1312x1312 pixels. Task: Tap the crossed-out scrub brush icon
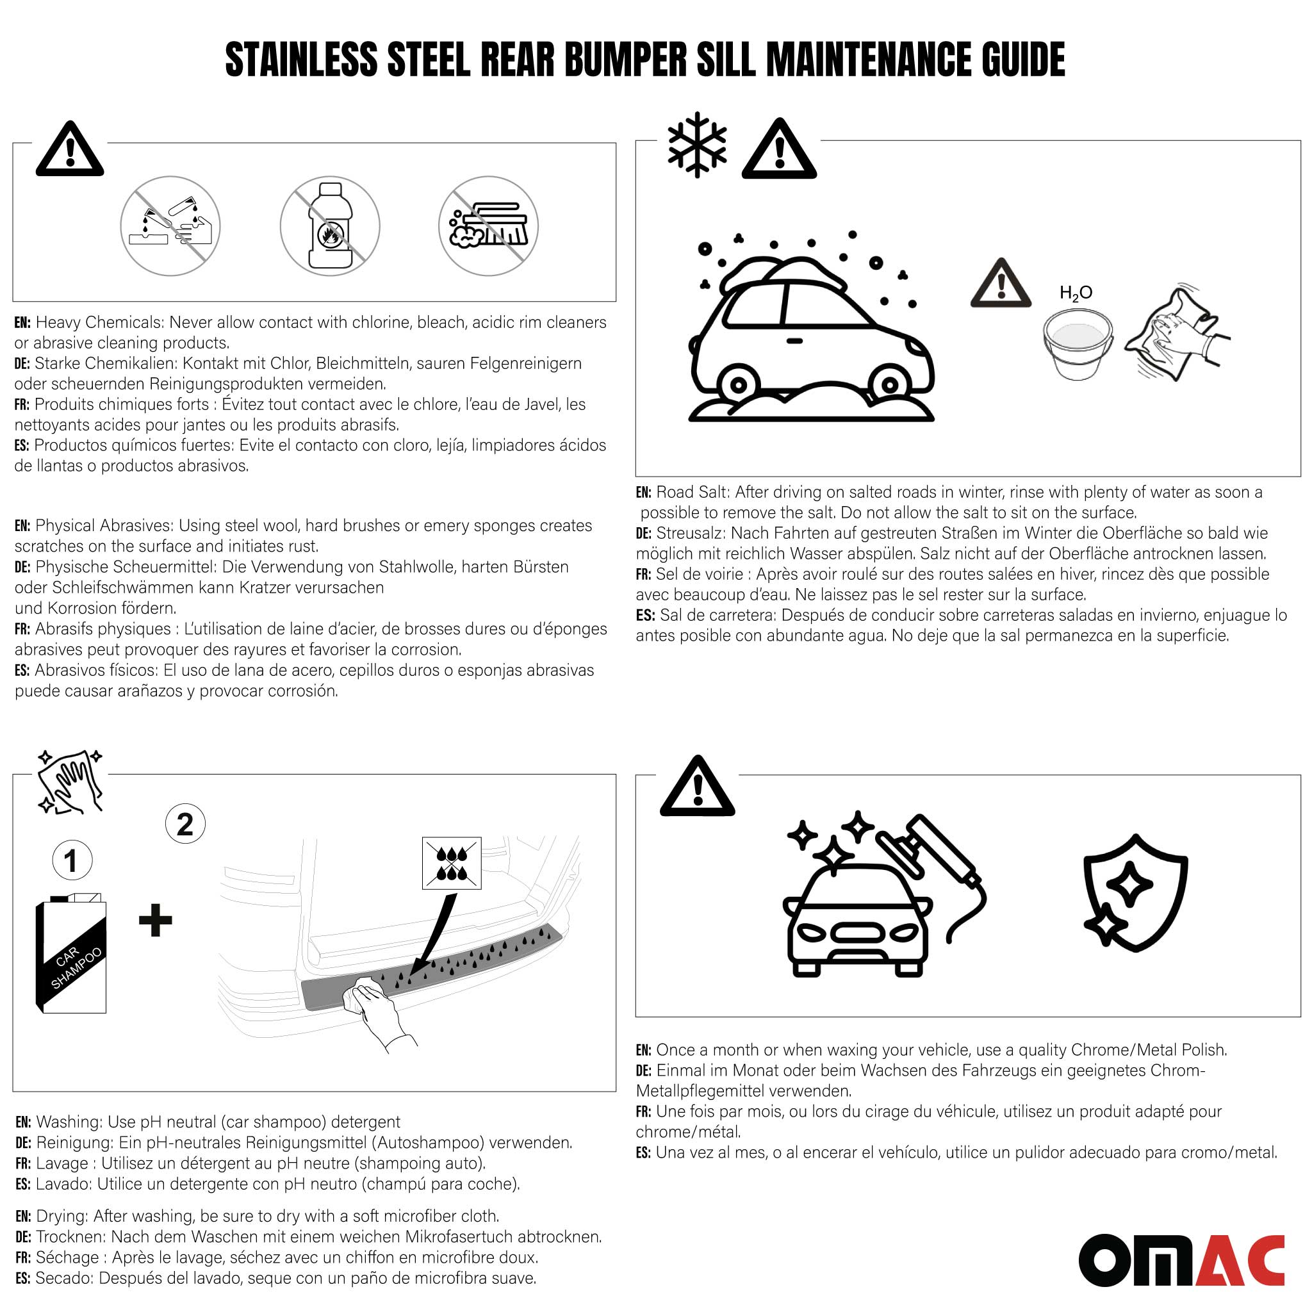[x=488, y=226]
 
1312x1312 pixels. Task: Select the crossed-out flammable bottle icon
[x=330, y=226]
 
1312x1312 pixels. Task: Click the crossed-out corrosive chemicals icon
[x=170, y=226]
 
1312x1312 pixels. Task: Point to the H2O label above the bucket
[x=1076, y=293]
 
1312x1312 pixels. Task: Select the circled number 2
[x=185, y=824]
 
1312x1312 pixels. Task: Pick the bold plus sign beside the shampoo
[x=156, y=921]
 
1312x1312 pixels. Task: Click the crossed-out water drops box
[x=452, y=863]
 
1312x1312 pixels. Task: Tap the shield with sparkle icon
[x=1135, y=892]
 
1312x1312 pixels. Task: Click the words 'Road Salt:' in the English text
[x=692, y=493]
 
